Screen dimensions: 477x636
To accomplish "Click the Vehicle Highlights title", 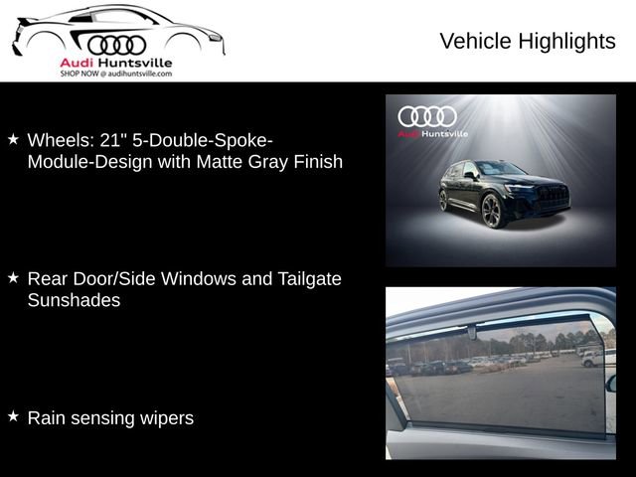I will tap(527, 41).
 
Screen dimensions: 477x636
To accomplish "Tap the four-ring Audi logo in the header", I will tap(116, 45).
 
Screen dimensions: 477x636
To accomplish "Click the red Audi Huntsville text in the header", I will tap(116, 63).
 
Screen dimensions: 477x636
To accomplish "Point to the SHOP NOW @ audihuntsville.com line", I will tap(116, 74).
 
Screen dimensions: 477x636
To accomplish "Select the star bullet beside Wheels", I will tap(13, 139).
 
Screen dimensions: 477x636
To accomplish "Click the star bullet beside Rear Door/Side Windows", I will tap(13, 278).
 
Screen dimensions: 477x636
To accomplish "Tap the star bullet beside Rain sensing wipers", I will tap(13, 417).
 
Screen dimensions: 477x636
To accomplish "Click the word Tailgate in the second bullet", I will tap(305, 279).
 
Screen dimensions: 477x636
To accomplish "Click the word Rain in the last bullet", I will tap(46, 418).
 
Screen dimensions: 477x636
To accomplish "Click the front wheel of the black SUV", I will tap(492, 211).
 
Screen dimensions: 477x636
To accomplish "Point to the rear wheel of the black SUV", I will tap(444, 200).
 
